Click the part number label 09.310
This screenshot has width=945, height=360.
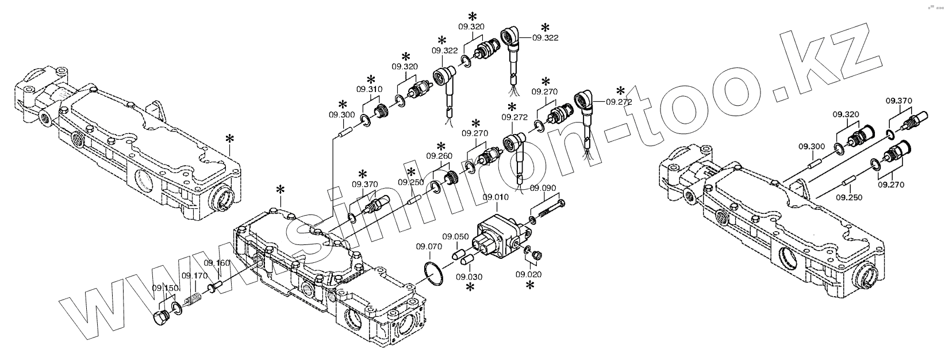(368, 90)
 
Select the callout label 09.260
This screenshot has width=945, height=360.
(439, 156)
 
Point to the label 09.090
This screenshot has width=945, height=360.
(543, 188)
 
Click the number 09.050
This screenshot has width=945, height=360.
(455, 236)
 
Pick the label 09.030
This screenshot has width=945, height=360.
(469, 277)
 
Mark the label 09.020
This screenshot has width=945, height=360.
(528, 274)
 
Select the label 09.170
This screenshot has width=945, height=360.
(194, 275)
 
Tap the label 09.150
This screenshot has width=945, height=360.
(165, 288)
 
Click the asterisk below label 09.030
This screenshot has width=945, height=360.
(470, 287)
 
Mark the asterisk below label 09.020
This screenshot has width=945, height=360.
(530, 285)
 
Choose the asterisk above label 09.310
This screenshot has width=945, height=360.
(371, 79)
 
